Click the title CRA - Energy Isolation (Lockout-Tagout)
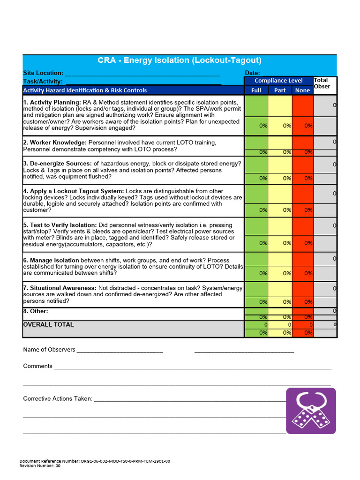(x=180, y=60)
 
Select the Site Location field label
(x=43, y=73)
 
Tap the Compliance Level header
(x=278, y=81)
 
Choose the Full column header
(x=256, y=90)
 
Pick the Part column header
(x=280, y=90)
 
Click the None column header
(x=303, y=90)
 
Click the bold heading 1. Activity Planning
(x=52, y=102)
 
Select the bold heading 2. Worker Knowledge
(x=55, y=142)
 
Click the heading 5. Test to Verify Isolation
(x=60, y=225)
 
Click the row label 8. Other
(x=36, y=311)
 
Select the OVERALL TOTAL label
(x=48, y=324)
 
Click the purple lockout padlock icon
(x=311, y=411)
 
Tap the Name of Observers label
(x=49, y=350)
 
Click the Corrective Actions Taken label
(x=58, y=399)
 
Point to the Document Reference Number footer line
(x=95, y=461)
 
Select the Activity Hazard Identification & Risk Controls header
(x=85, y=90)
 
